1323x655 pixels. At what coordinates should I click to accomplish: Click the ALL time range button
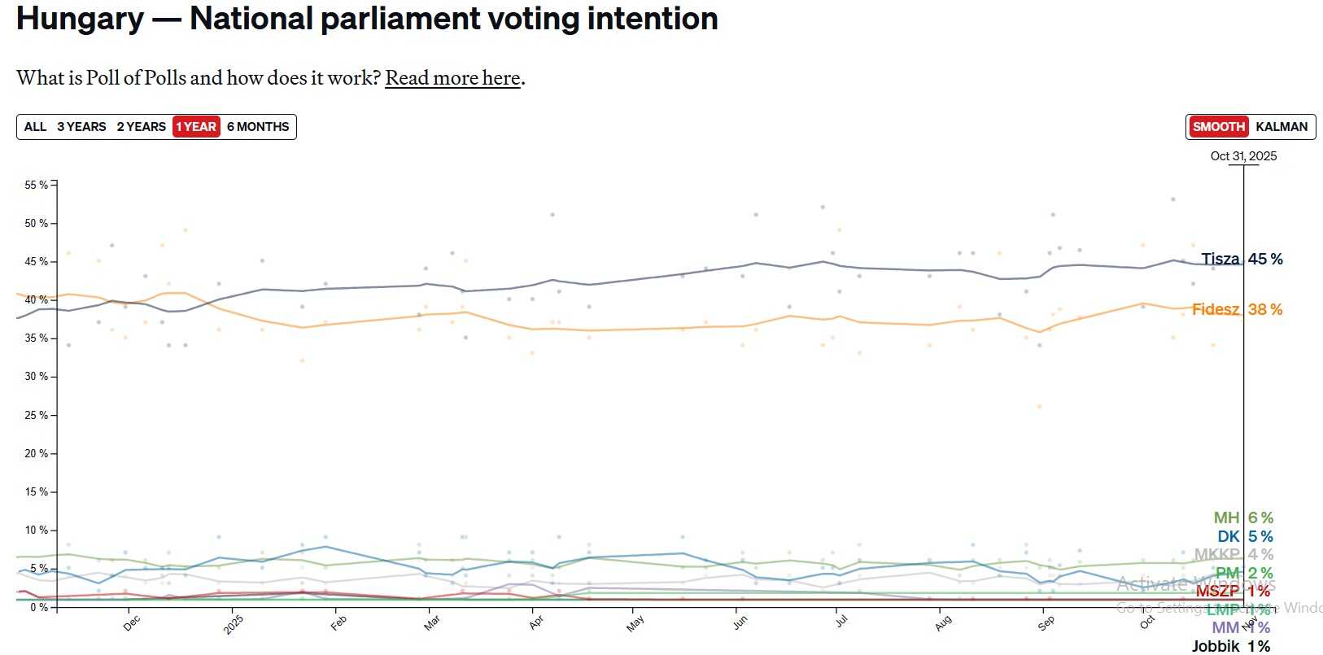(35, 127)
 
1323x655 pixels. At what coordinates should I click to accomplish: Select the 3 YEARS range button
(81, 127)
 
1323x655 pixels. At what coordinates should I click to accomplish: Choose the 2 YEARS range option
(141, 127)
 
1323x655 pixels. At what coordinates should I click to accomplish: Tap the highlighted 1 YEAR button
(196, 127)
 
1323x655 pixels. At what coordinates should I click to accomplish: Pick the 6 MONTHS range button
(258, 127)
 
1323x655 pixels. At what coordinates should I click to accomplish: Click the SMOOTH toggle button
(1218, 127)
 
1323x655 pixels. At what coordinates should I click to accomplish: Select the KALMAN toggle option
(1282, 127)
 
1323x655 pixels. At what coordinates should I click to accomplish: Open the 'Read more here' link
(452, 78)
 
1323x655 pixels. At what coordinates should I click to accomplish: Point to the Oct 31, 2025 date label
(1243, 156)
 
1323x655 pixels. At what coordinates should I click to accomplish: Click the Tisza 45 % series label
(1242, 259)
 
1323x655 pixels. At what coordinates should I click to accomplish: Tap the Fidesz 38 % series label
(1237, 309)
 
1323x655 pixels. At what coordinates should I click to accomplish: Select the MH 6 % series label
(1243, 517)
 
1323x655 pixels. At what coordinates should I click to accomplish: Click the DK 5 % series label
(1245, 536)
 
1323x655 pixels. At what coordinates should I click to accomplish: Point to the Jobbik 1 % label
(1230, 646)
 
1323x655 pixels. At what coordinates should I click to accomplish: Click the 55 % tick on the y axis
(36, 185)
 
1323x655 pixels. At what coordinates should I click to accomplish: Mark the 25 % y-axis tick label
(36, 415)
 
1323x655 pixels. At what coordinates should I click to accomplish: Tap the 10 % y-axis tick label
(36, 530)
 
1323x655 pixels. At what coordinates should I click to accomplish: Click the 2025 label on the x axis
(234, 625)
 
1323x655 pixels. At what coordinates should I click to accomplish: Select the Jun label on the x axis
(740, 622)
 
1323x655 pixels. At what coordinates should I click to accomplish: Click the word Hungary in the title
(80, 19)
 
